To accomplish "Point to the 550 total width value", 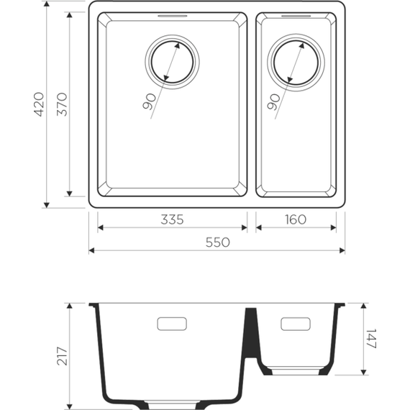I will click(217, 242).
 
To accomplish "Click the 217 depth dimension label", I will click(62, 357).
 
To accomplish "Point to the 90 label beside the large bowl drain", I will click(149, 102).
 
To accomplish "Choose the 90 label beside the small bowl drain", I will click(273, 101).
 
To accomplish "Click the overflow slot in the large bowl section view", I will click(172, 324).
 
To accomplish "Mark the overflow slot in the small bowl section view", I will click(296, 324).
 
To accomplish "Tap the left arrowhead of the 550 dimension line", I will click(92, 251).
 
